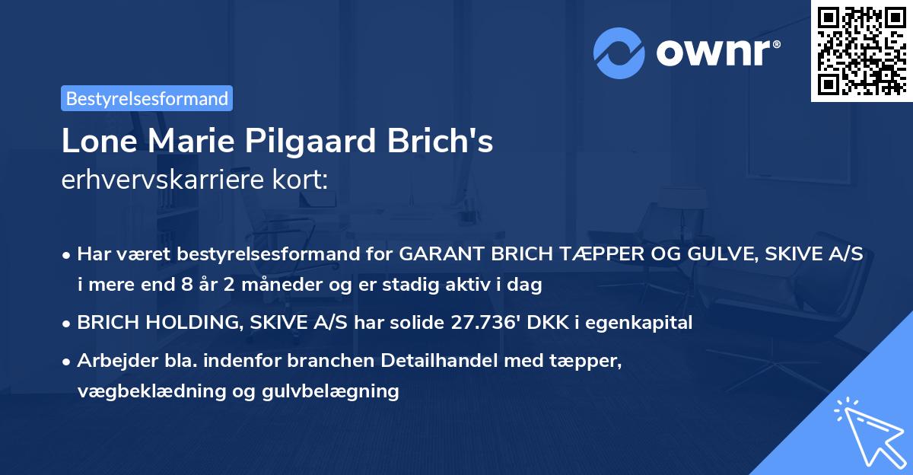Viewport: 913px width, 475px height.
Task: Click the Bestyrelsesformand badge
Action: [147, 98]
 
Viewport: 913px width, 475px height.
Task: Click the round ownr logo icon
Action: [619, 53]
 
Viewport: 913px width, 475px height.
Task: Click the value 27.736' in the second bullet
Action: [473, 323]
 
